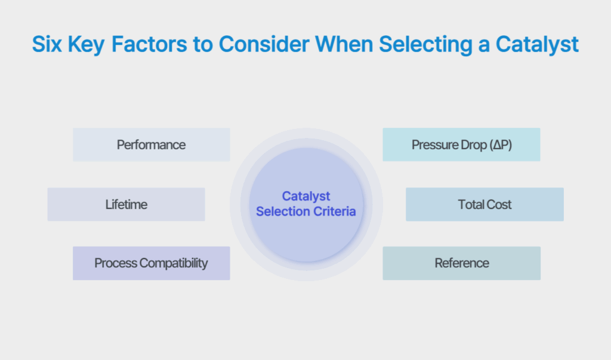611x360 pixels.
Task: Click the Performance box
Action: pyautogui.click(x=151, y=144)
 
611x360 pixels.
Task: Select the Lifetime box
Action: pyautogui.click(x=126, y=204)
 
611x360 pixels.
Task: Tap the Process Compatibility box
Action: pyautogui.click(x=151, y=263)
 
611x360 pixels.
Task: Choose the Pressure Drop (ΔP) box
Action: pyautogui.click(x=461, y=144)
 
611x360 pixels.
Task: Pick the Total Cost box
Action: pyautogui.click(x=485, y=204)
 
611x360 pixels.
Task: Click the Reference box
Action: pyautogui.click(x=461, y=263)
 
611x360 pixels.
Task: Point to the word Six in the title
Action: pyautogui.click(x=47, y=45)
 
